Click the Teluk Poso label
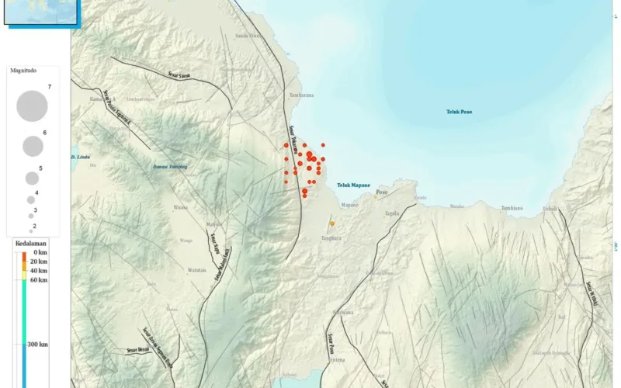[x=459, y=112]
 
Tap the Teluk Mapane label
[x=353, y=185]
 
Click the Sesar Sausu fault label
[x=179, y=75]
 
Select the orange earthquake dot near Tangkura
[x=331, y=223]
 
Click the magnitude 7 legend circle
[x=32, y=106]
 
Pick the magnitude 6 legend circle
[x=33, y=146]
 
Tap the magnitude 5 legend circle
[x=32, y=178]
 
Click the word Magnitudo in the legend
[x=24, y=71]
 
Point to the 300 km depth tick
[x=37, y=344]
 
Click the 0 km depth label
[x=40, y=253]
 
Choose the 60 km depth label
[x=37, y=280]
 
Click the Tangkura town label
[x=331, y=239]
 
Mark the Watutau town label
[x=196, y=270]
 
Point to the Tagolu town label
[x=392, y=213]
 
